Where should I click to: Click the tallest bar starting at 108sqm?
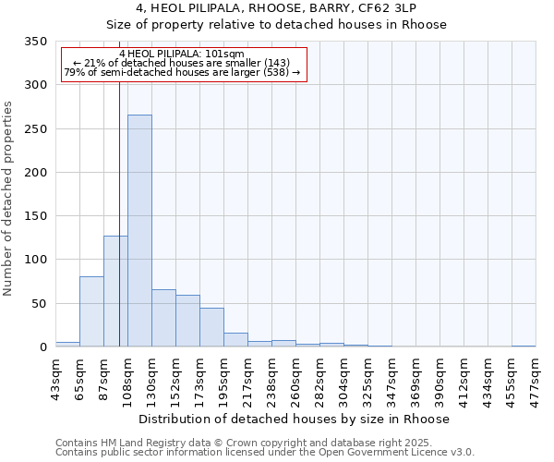(x=139, y=231)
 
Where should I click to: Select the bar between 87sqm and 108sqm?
(x=115, y=291)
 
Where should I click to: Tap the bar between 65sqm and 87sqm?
(x=91, y=311)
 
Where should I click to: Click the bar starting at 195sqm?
(x=235, y=339)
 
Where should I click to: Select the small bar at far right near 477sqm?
(x=524, y=346)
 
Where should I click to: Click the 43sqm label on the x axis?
(x=55, y=376)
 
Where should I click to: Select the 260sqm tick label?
(x=295, y=376)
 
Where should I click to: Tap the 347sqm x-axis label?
(x=391, y=376)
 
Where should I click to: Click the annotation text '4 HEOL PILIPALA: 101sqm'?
(x=182, y=55)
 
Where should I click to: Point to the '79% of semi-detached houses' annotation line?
(x=182, y=72)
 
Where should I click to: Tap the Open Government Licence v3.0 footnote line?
(x=265, y=452)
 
